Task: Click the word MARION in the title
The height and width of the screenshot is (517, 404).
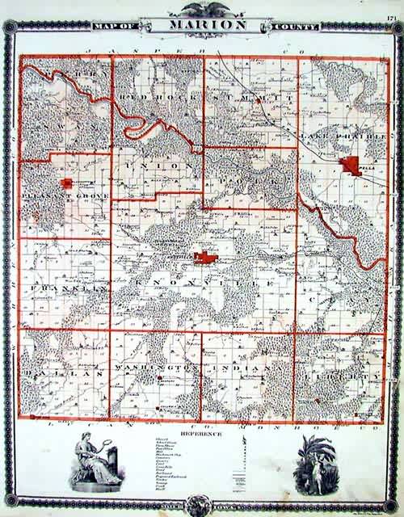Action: pos(203,24)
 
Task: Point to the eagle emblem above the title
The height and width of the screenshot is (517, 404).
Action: pos(201,7)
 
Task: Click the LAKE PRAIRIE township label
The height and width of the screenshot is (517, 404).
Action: pos(331,140)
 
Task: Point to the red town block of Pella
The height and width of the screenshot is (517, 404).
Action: pos(351,166)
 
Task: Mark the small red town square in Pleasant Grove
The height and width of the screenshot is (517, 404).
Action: pos(69,183)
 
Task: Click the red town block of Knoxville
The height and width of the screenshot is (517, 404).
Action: pos(204,258)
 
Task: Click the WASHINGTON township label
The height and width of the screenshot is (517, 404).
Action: pos(156,368)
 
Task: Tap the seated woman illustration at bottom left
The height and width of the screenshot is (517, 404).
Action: pos(95,462)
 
